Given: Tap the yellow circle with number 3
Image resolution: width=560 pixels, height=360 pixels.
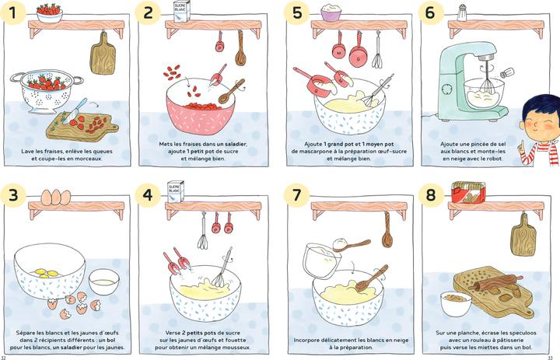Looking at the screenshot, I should pyautogui.click(x=14, y=194).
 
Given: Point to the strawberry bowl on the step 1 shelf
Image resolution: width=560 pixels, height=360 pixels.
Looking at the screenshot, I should pyautogui.click(x=49, y=12).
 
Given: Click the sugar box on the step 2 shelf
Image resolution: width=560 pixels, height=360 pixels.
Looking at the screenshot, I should pyautogui.click(x=181, y=11).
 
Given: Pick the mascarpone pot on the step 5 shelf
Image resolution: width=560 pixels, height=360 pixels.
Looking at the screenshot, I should pyautogui.click(x=332, y=12).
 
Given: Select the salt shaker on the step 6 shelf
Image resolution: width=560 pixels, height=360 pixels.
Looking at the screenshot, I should pyautogui.click(x=461, y=12).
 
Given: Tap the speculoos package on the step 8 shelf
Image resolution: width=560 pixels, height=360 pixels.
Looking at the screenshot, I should pyautogui.click(x=468, y=193).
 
